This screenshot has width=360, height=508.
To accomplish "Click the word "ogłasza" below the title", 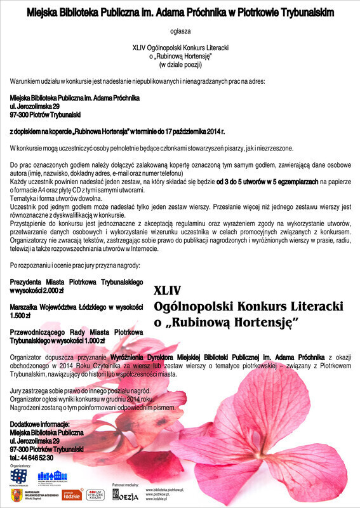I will point(180,30).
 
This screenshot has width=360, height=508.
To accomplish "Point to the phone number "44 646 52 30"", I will point(37,457).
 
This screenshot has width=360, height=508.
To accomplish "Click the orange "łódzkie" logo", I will point(72,495).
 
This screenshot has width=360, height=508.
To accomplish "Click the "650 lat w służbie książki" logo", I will point(95,495).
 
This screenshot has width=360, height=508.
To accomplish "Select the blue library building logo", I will point(52,476).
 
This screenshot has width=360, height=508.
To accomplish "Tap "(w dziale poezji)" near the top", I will point(180,64).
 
